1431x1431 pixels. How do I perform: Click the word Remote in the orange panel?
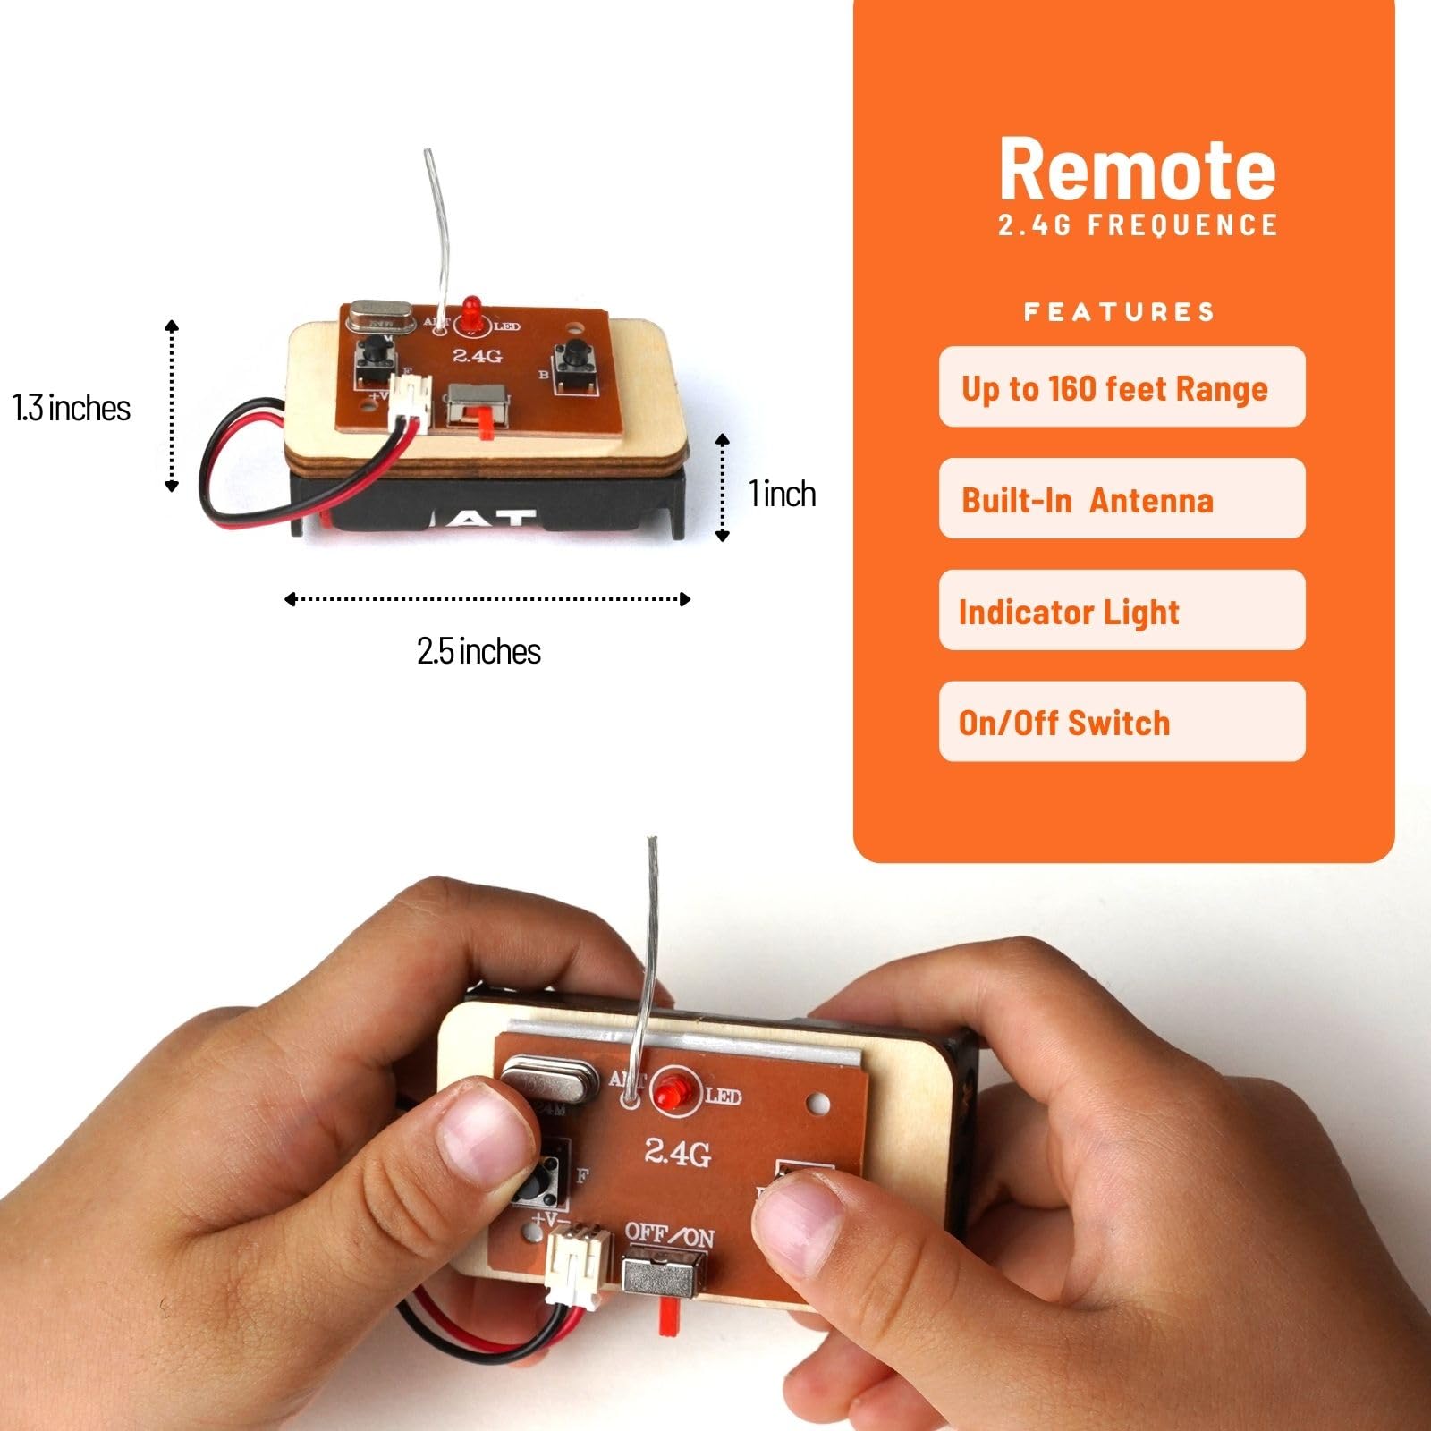(x=1137, y=170)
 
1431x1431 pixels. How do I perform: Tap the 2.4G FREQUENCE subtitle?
(x=1138, y=225)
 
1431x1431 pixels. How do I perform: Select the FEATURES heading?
(x=1119, y=312)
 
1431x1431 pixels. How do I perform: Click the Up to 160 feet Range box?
(x=1122, y=387)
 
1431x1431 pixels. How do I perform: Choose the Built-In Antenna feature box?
(x=1122, y=499)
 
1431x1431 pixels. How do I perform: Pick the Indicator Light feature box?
(x=1122, y=611)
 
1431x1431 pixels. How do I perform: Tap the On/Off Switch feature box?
(x=1122, y=722)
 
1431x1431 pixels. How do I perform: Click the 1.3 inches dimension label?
(x=72, y=408)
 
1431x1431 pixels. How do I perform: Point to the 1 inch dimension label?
(x=783, y=494)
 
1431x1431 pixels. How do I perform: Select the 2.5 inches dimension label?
(x=478, y=651)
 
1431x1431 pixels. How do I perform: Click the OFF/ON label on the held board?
(x=669, y=1236)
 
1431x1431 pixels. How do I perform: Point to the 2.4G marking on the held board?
(x=678, y=1152)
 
